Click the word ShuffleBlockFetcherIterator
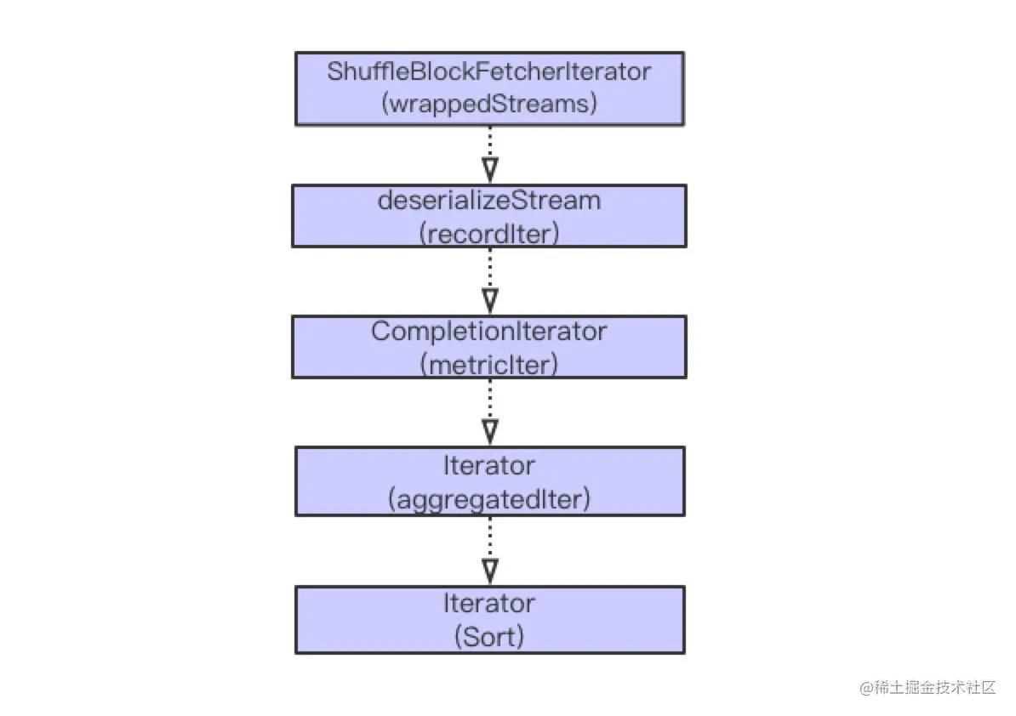point(488,71)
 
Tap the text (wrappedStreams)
point(489,104)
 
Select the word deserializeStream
point(489,201)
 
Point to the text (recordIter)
point(489,234)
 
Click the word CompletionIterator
point(489,332)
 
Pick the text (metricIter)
point(489,365)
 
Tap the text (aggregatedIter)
point(489,499)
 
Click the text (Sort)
point(489,636)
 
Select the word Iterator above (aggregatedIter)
point(489,465)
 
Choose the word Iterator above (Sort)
point(489,604)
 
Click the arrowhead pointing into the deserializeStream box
point(490,170)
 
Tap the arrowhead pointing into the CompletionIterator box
point(490,301)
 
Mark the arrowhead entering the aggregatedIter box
point(490,432)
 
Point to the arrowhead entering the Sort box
point(490,571)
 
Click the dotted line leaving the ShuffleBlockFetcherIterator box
point(490,142)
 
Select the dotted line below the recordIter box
point(490,269)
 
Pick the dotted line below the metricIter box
point(490,400)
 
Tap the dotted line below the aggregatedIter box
point(490,538)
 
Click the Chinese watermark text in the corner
point(934,688)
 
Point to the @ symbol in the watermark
point(866,688)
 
